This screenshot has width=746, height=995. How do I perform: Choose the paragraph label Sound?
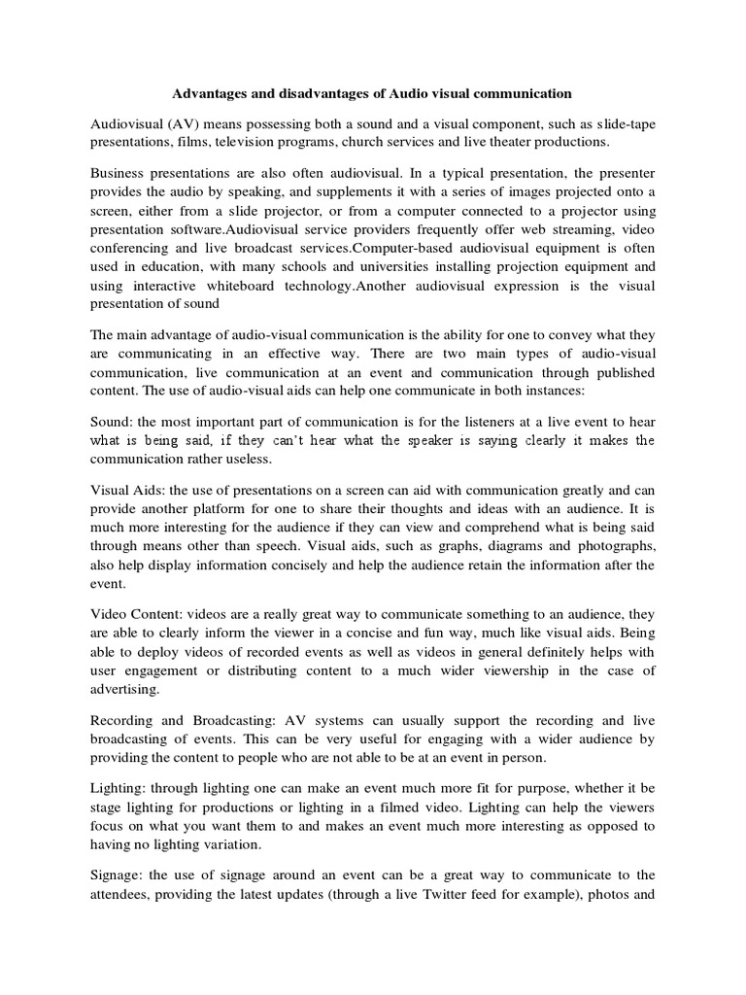click(111, 423)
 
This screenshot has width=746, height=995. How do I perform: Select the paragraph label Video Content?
click(136, 614)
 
